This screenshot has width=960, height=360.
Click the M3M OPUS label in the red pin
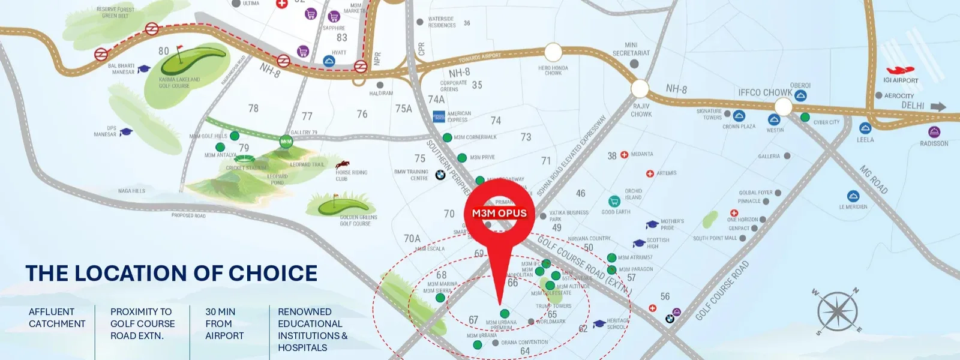499,213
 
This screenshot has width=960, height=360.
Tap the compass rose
836,311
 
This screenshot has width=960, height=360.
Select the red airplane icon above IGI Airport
900,71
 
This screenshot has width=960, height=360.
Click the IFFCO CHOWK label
764,92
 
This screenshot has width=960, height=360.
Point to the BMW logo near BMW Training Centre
440,175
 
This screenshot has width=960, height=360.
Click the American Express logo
439,116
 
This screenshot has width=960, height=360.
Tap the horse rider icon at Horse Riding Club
343,164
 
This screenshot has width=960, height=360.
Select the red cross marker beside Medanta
624,155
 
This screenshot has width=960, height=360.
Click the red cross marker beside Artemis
650,173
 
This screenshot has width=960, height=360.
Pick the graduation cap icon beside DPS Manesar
126,131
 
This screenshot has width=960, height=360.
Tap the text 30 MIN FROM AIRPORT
224,323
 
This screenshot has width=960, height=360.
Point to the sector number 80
164,52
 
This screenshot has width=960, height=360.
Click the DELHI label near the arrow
913,106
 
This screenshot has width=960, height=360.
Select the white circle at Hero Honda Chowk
553,52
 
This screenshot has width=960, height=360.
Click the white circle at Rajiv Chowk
640,89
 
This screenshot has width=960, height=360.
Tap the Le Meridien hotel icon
853,196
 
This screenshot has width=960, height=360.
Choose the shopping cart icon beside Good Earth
614,202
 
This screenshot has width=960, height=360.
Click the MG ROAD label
874,179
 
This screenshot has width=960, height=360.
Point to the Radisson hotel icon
934,132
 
